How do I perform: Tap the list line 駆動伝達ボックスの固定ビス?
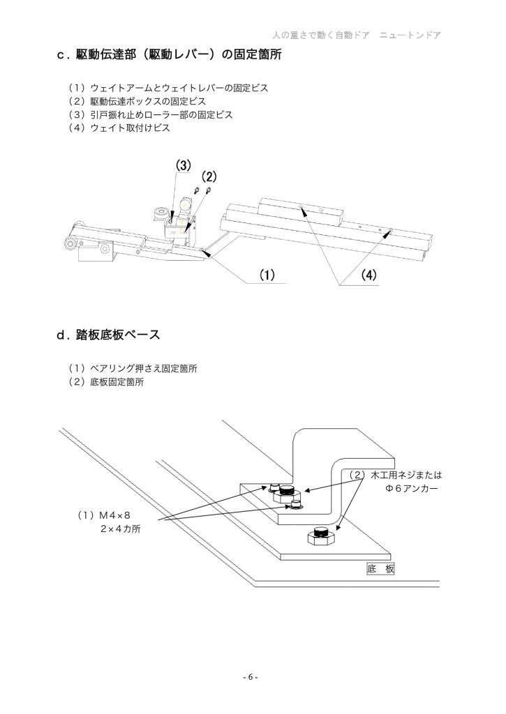point(137,102)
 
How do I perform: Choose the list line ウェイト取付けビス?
point(119,128)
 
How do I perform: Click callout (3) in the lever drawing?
point(183,166)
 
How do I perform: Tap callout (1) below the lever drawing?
point(265,275)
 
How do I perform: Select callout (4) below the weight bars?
point(369,275)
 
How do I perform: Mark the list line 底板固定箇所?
point(106,382)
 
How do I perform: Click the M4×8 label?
point(105,515)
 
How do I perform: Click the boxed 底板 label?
point(380,570)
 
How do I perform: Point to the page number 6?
point(252,677)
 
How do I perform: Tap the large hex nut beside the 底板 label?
point(322,537)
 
